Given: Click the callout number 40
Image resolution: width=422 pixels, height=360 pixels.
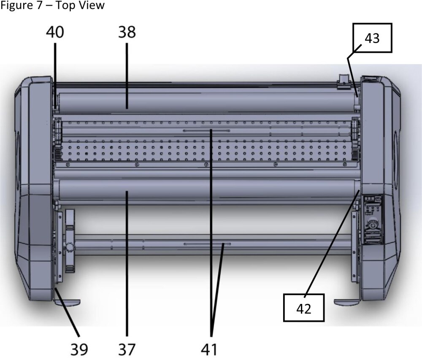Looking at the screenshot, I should pos(55,32).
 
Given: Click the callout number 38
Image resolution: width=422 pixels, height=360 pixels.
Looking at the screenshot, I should pos(127,32).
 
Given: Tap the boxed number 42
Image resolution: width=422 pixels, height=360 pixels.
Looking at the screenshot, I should pos(304,309).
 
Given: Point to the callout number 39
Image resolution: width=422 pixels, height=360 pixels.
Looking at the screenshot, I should pos(79,349).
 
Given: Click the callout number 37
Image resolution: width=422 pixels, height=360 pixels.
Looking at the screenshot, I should pos(127,349).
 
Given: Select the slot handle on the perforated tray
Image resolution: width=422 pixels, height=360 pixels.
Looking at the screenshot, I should pos(206,131).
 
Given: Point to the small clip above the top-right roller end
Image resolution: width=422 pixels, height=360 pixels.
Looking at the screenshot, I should pos(342,81).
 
